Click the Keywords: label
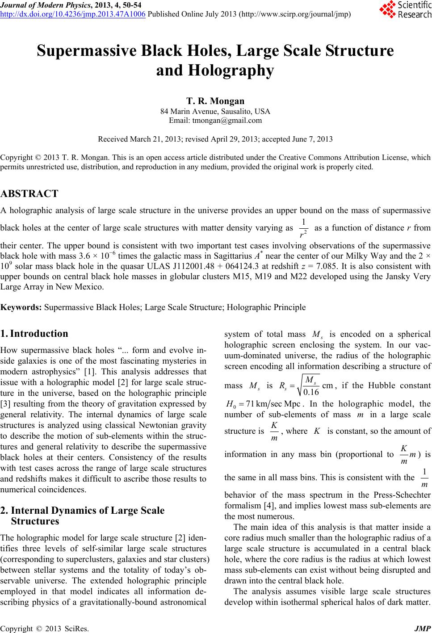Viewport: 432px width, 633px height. (x=21, y=307)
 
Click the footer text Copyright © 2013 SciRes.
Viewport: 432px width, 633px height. (x=45, y=629)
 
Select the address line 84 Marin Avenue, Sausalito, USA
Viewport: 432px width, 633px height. (x=215, y=111)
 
